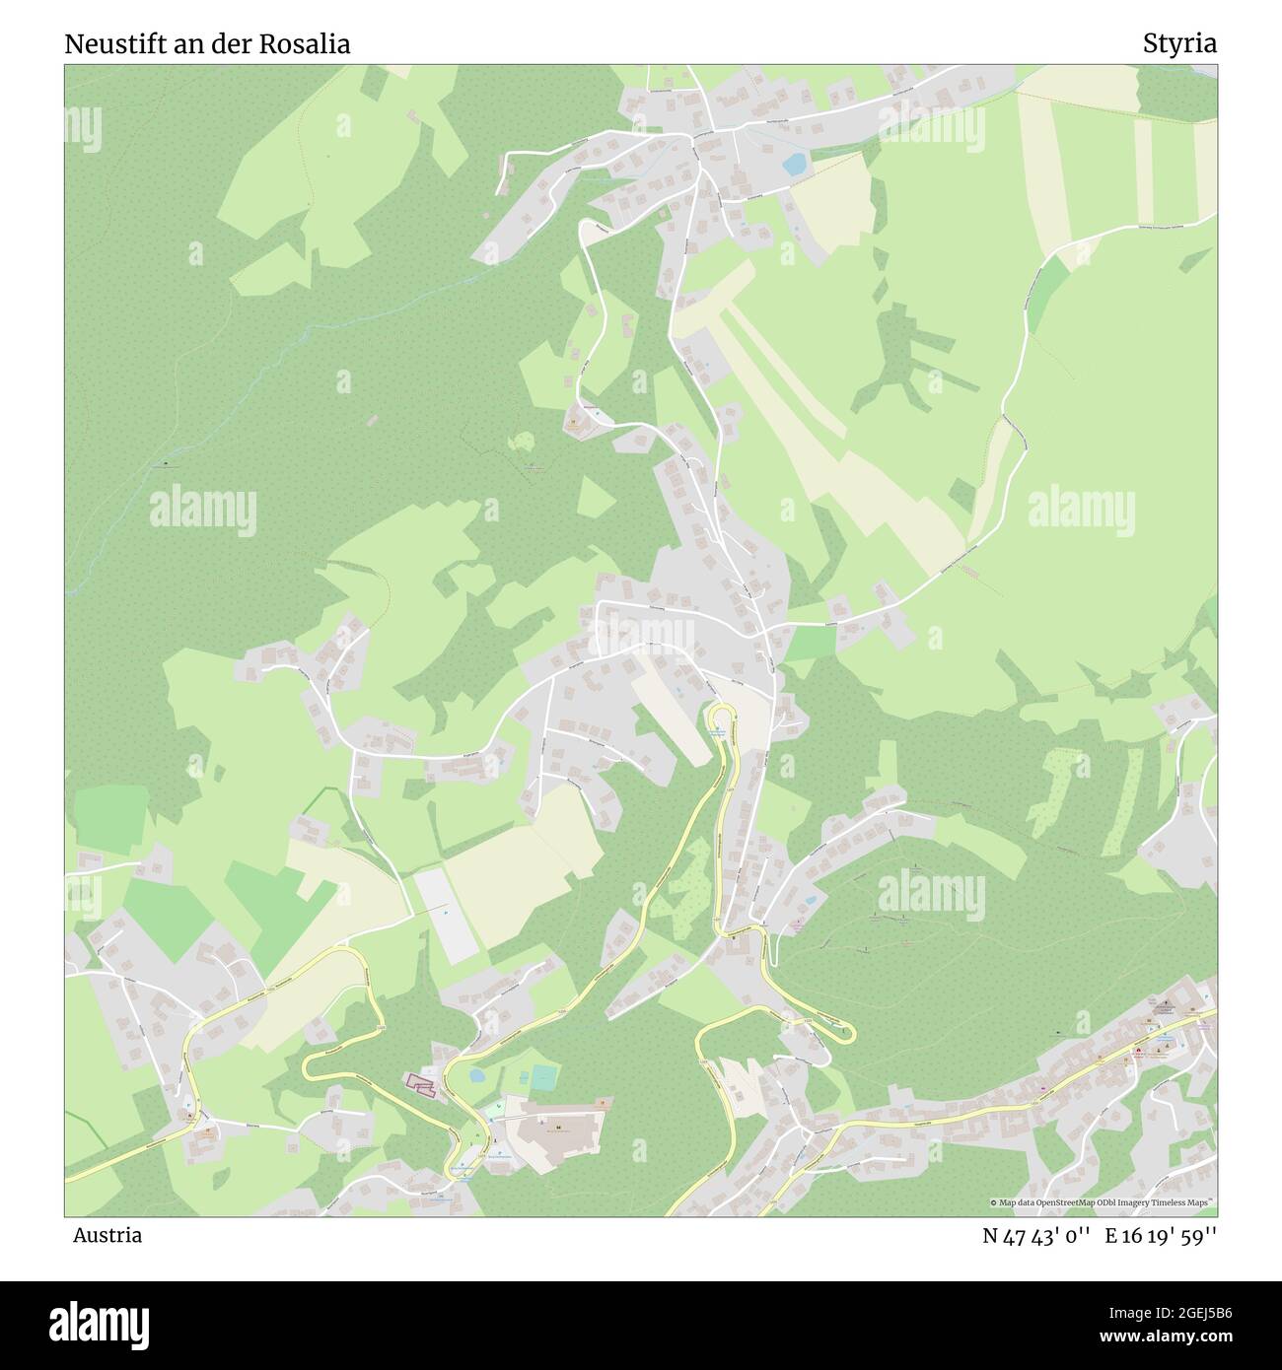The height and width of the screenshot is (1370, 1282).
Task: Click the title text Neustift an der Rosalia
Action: (x=207, y=44)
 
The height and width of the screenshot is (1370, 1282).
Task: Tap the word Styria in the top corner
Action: (x=1179, y=43)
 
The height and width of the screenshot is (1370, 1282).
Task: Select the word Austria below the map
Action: (x=107, y=1235)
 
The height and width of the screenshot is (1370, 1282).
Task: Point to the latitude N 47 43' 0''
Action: (x=1035, y=1236)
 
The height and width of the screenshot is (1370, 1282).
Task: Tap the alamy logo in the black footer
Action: (x=99, y=1323)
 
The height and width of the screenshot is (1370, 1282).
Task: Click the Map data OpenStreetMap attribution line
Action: (x=1103, y=1202)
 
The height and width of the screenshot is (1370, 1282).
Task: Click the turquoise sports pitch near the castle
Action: (x=543, y=1077)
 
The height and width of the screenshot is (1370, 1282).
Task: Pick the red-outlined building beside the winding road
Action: (x=420, y=1084)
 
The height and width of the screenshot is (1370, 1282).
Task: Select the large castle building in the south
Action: (x=557, y=1131)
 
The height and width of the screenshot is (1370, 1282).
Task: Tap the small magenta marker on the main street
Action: (x=1043, y=1087)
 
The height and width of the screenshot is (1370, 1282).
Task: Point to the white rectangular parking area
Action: (x=446, y=913)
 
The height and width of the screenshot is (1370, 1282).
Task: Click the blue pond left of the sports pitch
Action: (x=477, y=1075)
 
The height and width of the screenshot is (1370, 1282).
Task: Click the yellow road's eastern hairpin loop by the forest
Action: (x=845, y=1032)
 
